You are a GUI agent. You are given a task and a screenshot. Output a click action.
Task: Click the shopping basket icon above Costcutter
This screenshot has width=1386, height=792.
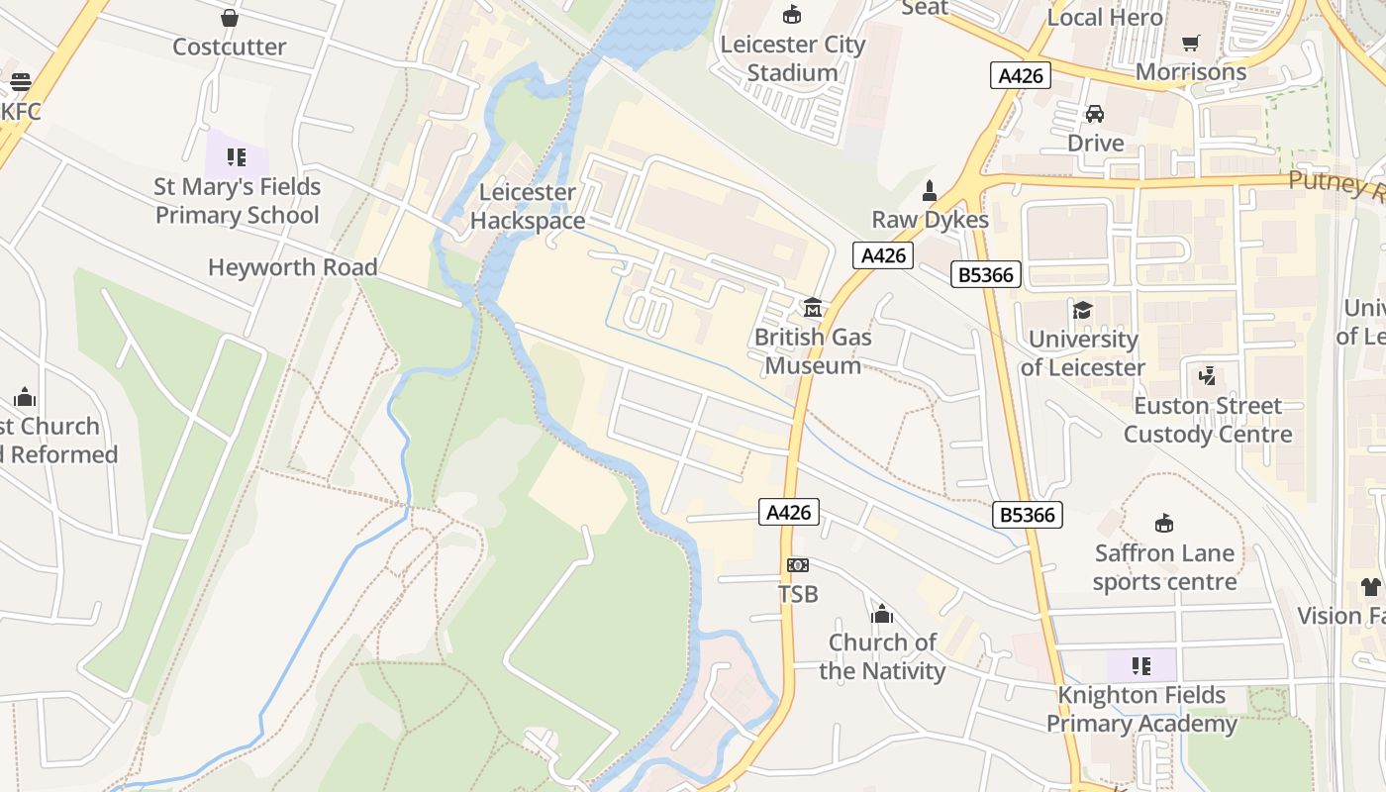click(230, 18)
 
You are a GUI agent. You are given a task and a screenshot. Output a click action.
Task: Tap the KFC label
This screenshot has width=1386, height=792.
click(21, 111)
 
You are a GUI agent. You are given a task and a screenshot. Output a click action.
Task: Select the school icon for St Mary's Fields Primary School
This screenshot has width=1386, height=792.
click(236, 157)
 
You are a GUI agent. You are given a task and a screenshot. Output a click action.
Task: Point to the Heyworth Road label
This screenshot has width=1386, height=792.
click(293, 267)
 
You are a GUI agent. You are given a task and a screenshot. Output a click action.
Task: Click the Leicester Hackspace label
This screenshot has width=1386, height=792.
click(527, 206)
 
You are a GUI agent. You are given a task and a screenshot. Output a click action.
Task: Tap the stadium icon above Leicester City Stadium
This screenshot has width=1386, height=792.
click(792, 15)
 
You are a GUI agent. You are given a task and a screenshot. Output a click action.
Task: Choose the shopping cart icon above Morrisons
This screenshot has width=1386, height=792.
click(1190, 44)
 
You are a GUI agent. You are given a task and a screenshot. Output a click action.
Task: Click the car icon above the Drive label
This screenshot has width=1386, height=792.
click(1095, 114)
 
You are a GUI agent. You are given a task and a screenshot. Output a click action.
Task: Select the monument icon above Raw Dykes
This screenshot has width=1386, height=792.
click(930, 190)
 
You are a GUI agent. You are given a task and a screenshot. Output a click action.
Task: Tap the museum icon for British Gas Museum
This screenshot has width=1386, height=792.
click(813, 308)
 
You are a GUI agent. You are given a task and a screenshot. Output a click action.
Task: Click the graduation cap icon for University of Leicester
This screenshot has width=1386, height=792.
click(1083, 310)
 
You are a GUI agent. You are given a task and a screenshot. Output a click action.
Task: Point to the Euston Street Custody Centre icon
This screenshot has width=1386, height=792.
click(1207, 376)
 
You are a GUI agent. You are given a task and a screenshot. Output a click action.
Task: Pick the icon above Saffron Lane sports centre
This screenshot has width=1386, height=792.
click(1164, 524)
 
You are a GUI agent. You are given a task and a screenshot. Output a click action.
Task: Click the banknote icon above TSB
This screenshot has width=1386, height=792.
click(798, 565)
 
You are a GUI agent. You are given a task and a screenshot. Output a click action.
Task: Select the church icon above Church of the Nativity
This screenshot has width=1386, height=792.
click(882, 614)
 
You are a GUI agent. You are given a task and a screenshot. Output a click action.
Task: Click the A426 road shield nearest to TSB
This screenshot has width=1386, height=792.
click(789, 512)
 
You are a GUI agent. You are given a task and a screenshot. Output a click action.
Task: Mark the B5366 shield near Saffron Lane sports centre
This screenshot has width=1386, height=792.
click(1027, 515)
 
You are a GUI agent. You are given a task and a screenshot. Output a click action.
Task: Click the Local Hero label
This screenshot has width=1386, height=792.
click(1105, 17)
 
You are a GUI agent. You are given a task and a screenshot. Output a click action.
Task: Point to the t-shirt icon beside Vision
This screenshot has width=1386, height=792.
click(1370, 587)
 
